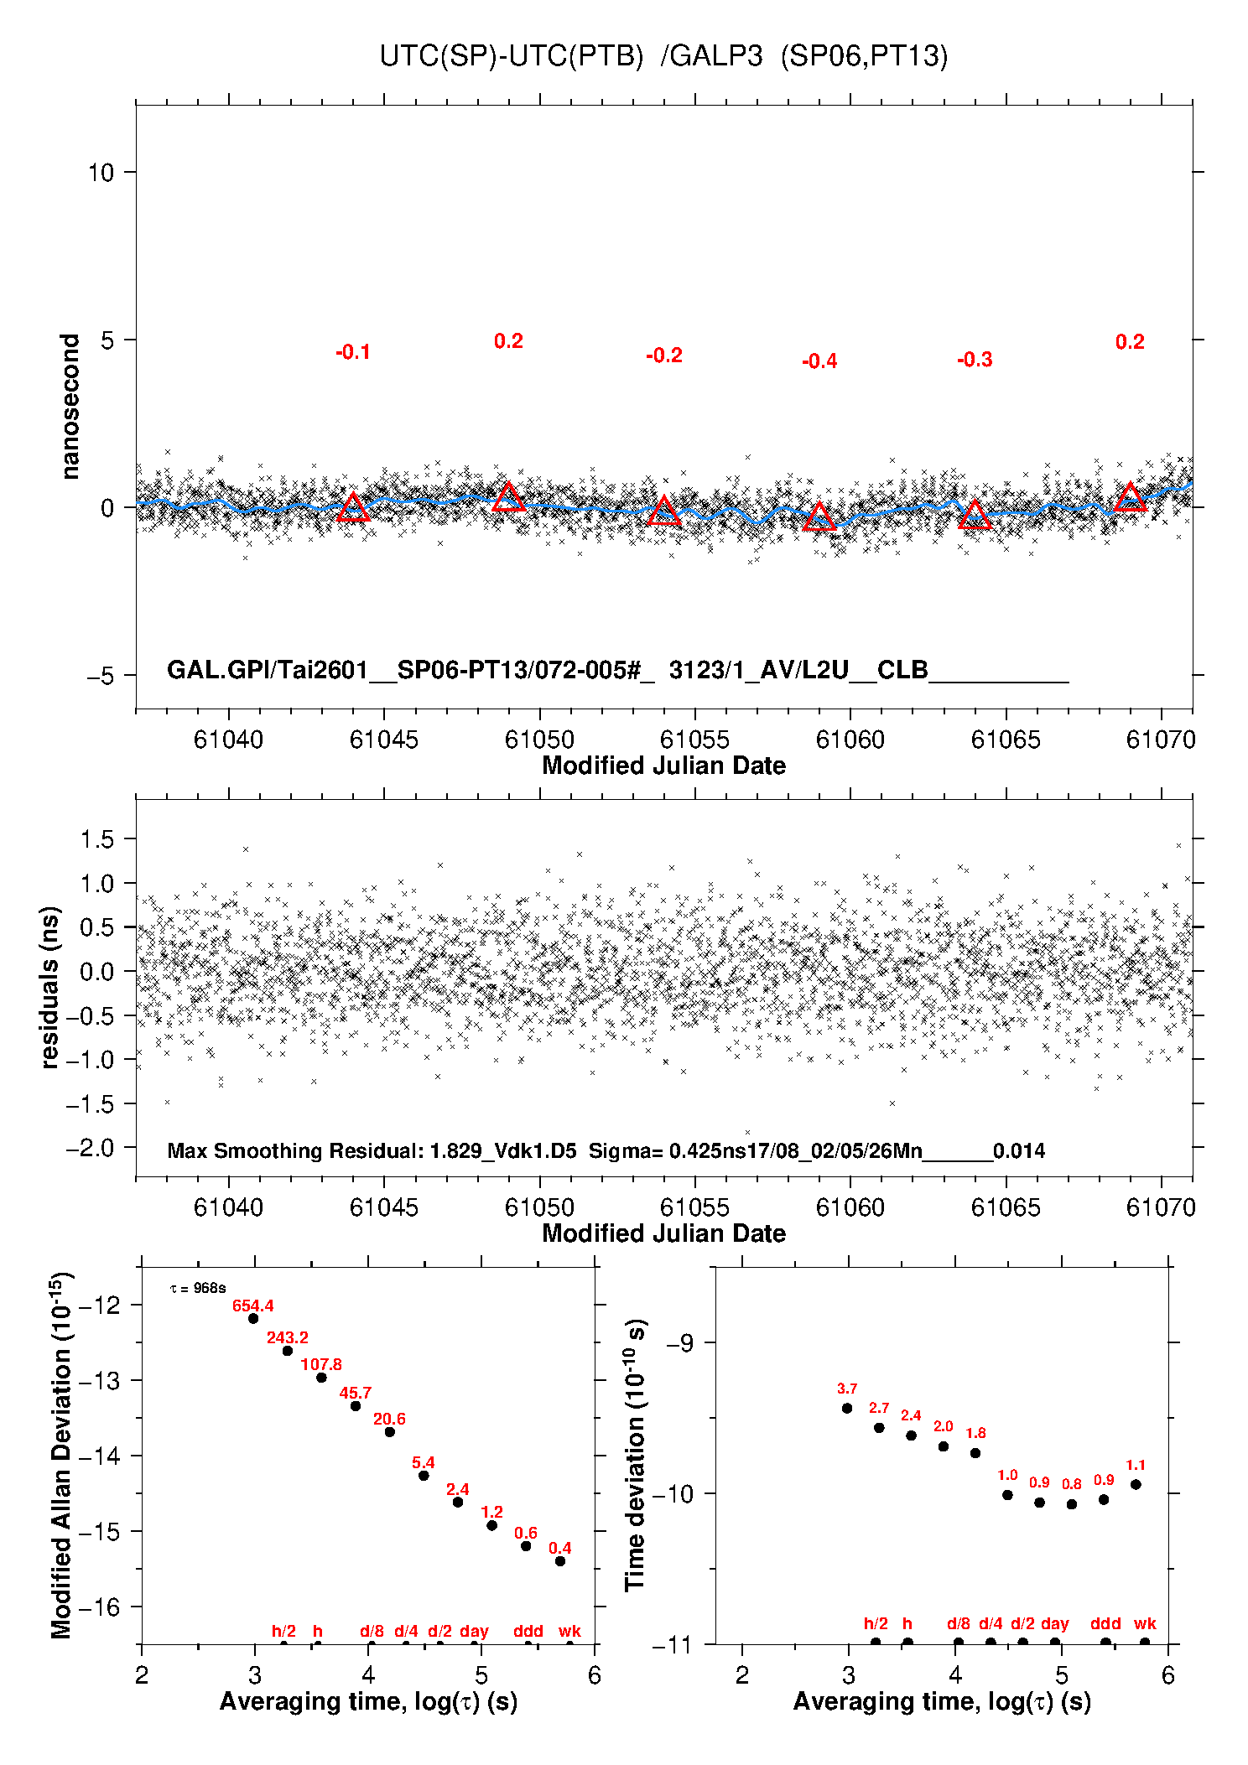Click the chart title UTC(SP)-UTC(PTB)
click(x=511, y=56)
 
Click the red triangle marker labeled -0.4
click(x=819, y=517)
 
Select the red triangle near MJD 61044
click(x=353, y=507)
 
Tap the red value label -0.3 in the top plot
click(x=975, y=360)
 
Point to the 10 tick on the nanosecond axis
click(x=101, y=173)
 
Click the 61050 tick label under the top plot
click(x=539, y=740)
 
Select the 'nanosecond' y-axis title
click(x=70, y=407)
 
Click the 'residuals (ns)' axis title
click(x=50, y=987)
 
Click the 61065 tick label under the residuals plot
click(x=1006, y=1207)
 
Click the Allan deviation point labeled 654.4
click(x=253, y=1318)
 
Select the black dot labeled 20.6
click(x=389, y=1431)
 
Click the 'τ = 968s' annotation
click(x=198, y=1288)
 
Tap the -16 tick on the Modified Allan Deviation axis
click(x=102, y=1607)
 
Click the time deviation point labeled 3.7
click(x=847, y=1408)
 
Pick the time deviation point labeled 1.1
click(x=1136, y=1484)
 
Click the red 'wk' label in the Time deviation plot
click(x=1145, y=1624)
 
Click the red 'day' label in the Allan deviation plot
click(x=474, y=1631)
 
